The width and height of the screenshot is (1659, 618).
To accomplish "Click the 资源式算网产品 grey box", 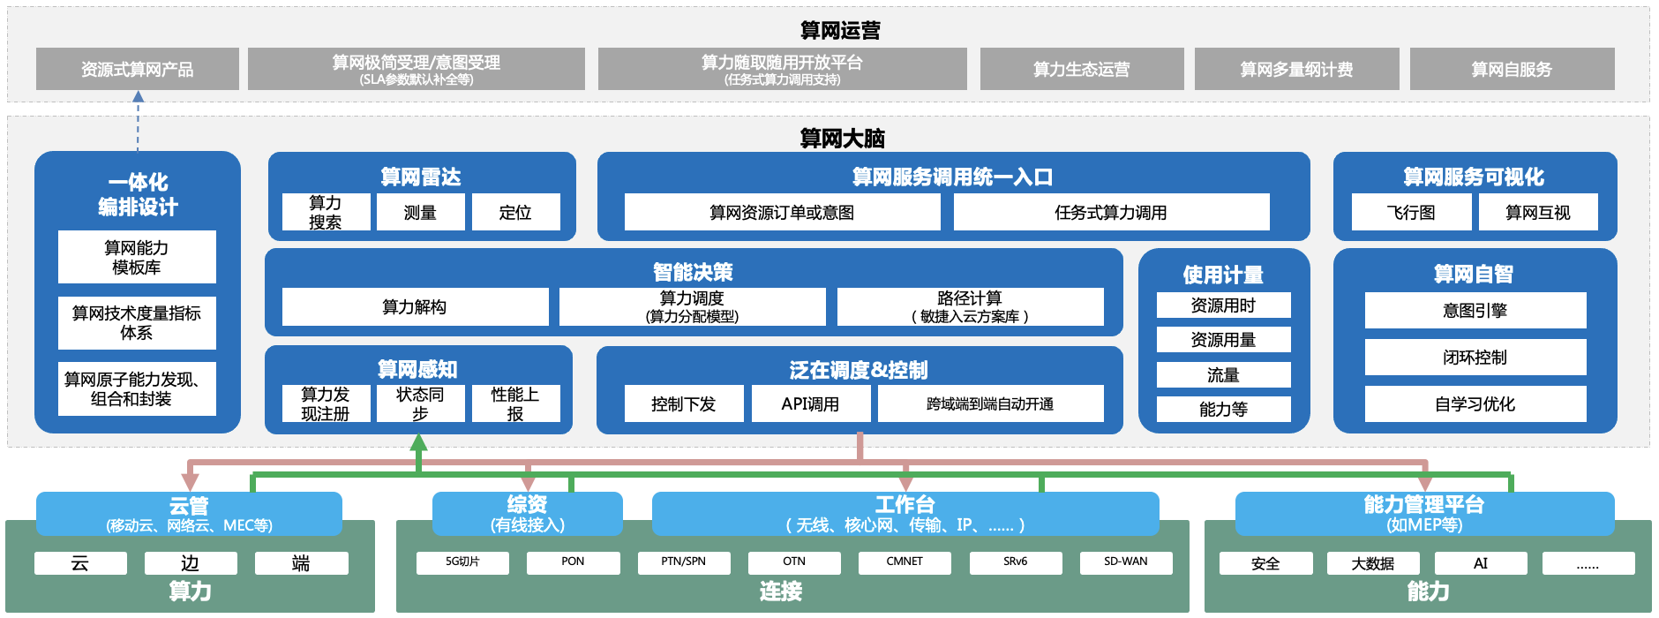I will pyautogui.click(x=137, y=69).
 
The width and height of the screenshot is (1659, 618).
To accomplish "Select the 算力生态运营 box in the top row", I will pyautogui.click(x=1081, y=69).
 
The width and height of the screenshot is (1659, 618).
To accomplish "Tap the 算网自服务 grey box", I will pyautogui.click(x=1511, y=69).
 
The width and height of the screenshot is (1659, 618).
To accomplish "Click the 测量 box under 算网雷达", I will pyautogui.click(x=420, y=212).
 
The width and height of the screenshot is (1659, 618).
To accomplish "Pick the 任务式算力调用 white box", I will pyautogui.click(x=1110, y=212).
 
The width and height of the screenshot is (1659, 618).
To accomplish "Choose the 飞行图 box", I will pyautogui.click(x=1410, y=212).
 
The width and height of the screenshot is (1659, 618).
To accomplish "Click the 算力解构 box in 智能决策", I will pyautogui.click(x=414, y=306).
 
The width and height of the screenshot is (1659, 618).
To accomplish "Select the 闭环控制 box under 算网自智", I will pyautogui.click(x=1475, y=357).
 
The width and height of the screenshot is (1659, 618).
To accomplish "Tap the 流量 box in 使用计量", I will pyautogui.click(x=1223, y=375).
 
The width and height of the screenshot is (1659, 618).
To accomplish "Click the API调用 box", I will pyautogui.click(x=810, y=403).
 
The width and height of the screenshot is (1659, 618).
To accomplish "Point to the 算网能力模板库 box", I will pyautogui.click(x=137, y=257).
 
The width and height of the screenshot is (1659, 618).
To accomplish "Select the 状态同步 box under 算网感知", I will pyautogui.click(x=420, y=403).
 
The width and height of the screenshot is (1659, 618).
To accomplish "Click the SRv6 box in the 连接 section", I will pyautogui.click(x=1015, y=561).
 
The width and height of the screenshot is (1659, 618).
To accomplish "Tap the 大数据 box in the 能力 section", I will pyautogui.click(x=1372, y=563).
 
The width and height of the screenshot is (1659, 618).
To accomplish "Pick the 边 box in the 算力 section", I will pyautogui.click(x=191, y=563).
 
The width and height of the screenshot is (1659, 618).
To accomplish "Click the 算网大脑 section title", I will pyautogui.click(x=842, y=139).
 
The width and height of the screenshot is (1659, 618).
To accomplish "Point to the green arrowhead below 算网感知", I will pyautogui.click(x=419, y=442).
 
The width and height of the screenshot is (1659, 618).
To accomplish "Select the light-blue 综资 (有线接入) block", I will pyautogui.click(x=527, y=514).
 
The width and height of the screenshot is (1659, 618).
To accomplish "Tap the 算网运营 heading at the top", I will pyautogui.click(x=839, y=31).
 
